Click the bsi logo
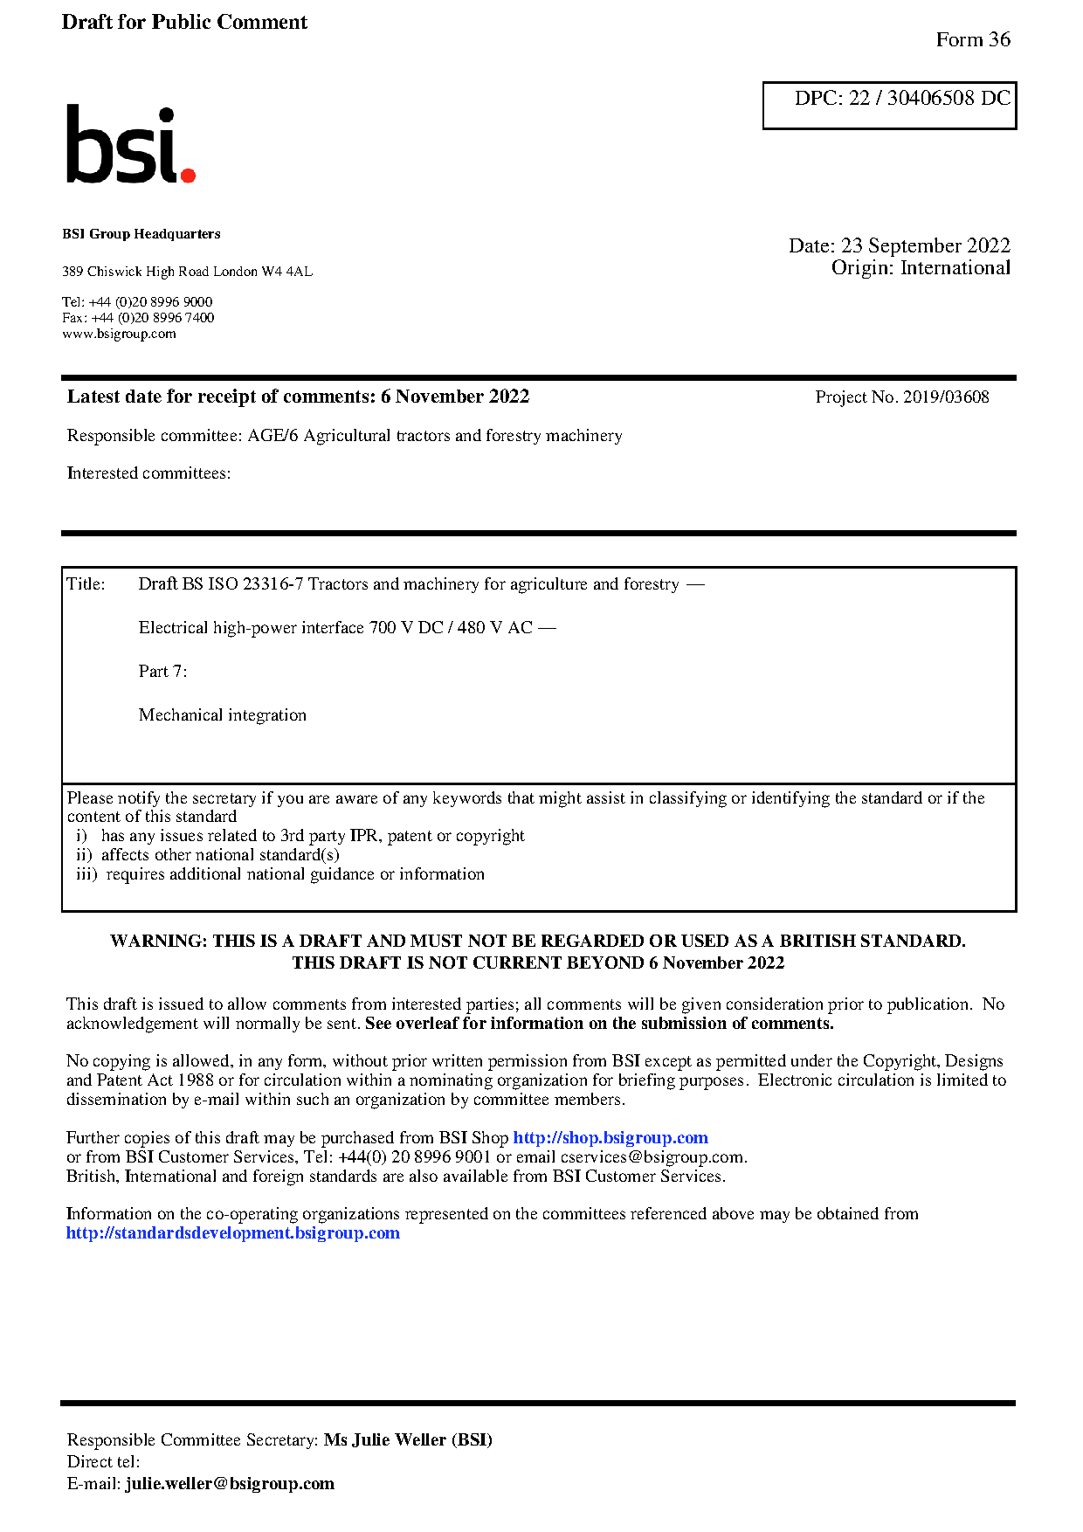click(x=129, y=145)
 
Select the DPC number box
click(x=889, y=105)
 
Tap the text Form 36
click(x=972, y=40)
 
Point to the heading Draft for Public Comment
click(x=184, y=22)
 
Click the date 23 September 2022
click(x=925, y=245)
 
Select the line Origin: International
click(x=920, y=268)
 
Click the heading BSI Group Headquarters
click(x=141, y=234)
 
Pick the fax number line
click(x=138, y=318)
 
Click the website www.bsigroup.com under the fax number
click(x=119, y=334)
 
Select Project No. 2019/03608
click(x=901, y=397)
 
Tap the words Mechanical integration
click(x=222, y=715)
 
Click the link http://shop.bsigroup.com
click(x=610, y=1138)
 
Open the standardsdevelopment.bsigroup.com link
click(x=232, y=1233)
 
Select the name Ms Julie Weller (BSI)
click(x=408, y=1440)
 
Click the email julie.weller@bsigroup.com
click(x=230, y=1484)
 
